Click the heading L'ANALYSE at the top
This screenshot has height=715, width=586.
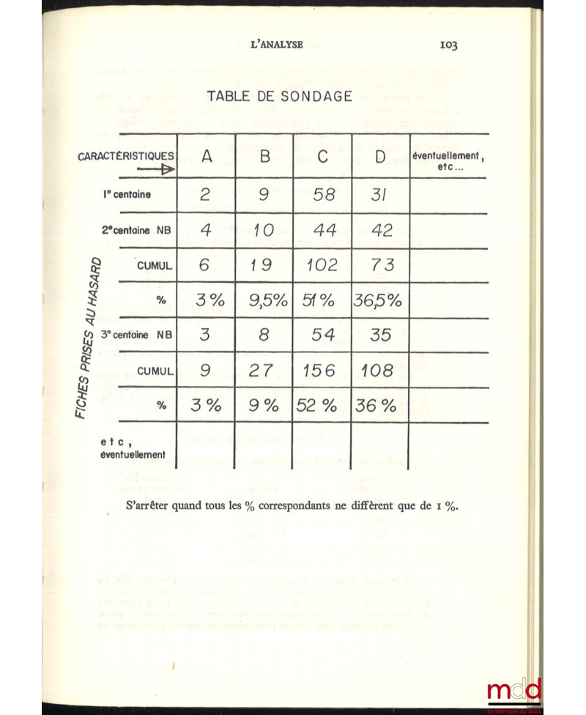coord(277,44)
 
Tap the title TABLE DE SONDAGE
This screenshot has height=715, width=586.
coord(280,96)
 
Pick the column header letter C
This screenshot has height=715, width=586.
coord(322,156)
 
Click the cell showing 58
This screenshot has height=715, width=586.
coord(322,195)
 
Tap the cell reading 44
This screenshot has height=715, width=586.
coord(322,230)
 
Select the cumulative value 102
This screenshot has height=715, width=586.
coord(322,265)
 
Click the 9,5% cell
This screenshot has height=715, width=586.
coord(264,300)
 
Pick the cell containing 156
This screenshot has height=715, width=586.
coord(322,371)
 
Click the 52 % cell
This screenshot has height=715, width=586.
coord(322,406)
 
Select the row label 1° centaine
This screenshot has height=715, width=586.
coord(126,196)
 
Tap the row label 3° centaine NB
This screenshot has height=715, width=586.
coord(136,336)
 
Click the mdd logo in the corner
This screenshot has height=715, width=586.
coord(513,690)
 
